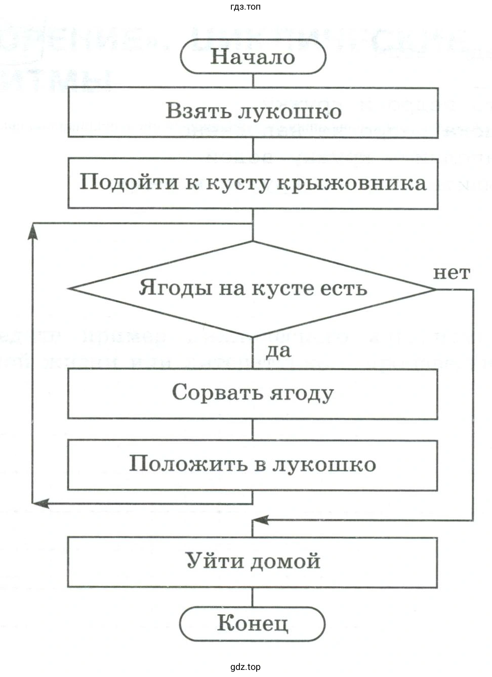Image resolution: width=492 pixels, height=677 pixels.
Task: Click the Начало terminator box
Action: (253, 56)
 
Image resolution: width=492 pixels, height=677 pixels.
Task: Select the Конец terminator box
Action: (253, 623)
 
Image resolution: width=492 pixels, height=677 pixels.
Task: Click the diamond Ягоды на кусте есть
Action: (253, 289)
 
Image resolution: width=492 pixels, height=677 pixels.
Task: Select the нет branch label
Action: (452, 273)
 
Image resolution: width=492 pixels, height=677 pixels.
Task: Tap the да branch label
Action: (278, 351)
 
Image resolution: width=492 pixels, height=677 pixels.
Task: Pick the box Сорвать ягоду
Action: (253, 393)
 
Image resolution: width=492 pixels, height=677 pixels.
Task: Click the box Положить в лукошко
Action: (253, 465)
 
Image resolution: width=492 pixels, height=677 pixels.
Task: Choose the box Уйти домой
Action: (253, 562)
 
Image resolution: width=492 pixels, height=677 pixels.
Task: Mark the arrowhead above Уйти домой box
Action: (260, 520)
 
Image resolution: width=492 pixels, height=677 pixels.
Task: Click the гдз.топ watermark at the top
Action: (245, 7)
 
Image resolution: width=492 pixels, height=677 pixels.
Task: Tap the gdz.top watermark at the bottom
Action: (245, 667)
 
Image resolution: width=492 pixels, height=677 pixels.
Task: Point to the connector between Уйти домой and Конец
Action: (253, 597)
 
